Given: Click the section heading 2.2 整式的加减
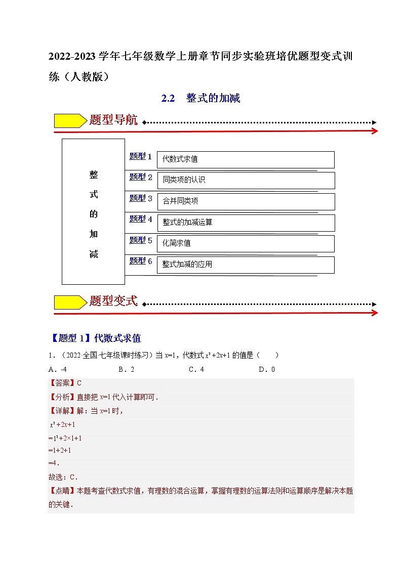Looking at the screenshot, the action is pyautogui.click(x=200, y=98).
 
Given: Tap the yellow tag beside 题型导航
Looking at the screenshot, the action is pyautogui.click(x=70, y=121).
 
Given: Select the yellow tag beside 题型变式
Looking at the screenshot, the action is pyautogui.click(x=70, y=302).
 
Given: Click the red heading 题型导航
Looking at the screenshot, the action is pyautogui.click(x=113, y=120).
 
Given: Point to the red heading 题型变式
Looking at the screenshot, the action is pyautogui.click(x=113, y=301).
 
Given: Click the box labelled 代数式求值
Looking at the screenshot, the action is pyautogui.click(x=246, y=159).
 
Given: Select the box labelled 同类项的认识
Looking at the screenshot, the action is pyautogui.click(x=246, y=180).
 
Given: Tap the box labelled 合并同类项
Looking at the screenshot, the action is pyautogui.click(x=246, y=201).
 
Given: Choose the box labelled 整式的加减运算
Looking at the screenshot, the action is pyautogui.click(x=246, y=223).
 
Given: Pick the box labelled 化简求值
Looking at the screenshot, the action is pyautogui.click(x=246, y=243).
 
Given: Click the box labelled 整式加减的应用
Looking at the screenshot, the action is pyautogui.click(x=246, y=265).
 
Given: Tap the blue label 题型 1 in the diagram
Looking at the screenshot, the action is pyautogui.click(x=141, y=156).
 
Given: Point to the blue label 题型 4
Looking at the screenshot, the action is pyautogui.click(x=141, y=219).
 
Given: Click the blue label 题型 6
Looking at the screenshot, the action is pyautogui.click(x=141, y=261).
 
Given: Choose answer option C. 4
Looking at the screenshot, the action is pyautogui.click(x=196, y=369).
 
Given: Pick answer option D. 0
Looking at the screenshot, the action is pyautogui.click(x=266, y=369).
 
